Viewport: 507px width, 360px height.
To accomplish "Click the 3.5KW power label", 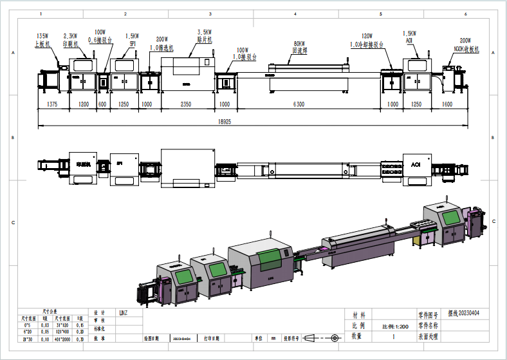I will pos(205,32).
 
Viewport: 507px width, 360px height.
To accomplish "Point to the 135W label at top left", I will pos(42,35).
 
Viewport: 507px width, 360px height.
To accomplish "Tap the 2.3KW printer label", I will pos(70,35).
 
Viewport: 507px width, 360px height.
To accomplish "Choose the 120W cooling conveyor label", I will pos(367,36).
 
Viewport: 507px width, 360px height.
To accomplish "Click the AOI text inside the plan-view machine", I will pos(416,166).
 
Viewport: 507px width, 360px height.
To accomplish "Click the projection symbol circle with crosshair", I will pos(334,337).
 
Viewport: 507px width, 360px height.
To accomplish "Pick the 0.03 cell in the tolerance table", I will pos(46,325).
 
